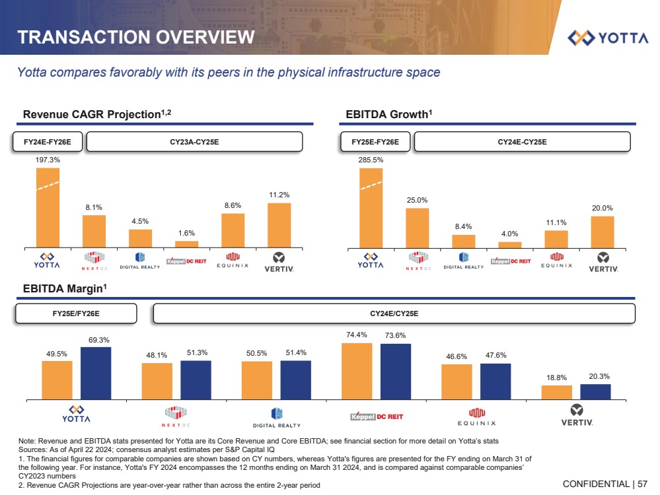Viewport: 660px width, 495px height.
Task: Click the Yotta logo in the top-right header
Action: (x=608, y=37)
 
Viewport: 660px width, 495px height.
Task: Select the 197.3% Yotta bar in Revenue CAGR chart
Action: (x=48, y=207)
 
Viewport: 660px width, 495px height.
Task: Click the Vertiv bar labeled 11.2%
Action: (x=279, y=224)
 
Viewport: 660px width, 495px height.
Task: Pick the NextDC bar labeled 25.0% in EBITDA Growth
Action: (x=417, y=227)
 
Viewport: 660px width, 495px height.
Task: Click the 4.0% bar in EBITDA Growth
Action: (x=509, y=244)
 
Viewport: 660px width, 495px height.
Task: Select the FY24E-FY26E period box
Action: (x=48, y=141)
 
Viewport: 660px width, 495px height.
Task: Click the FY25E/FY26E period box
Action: (x=76, y=313)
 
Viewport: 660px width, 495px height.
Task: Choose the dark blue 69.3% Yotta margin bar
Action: (x=96, y=373)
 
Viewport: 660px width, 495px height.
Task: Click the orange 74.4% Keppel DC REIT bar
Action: (x=357, y=371)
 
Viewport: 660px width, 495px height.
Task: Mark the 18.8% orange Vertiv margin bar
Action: (x=556, y=392)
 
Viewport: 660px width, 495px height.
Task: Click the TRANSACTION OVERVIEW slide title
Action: (x=135, y=37)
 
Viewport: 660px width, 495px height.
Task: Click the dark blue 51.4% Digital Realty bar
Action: (x=295, y=379)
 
